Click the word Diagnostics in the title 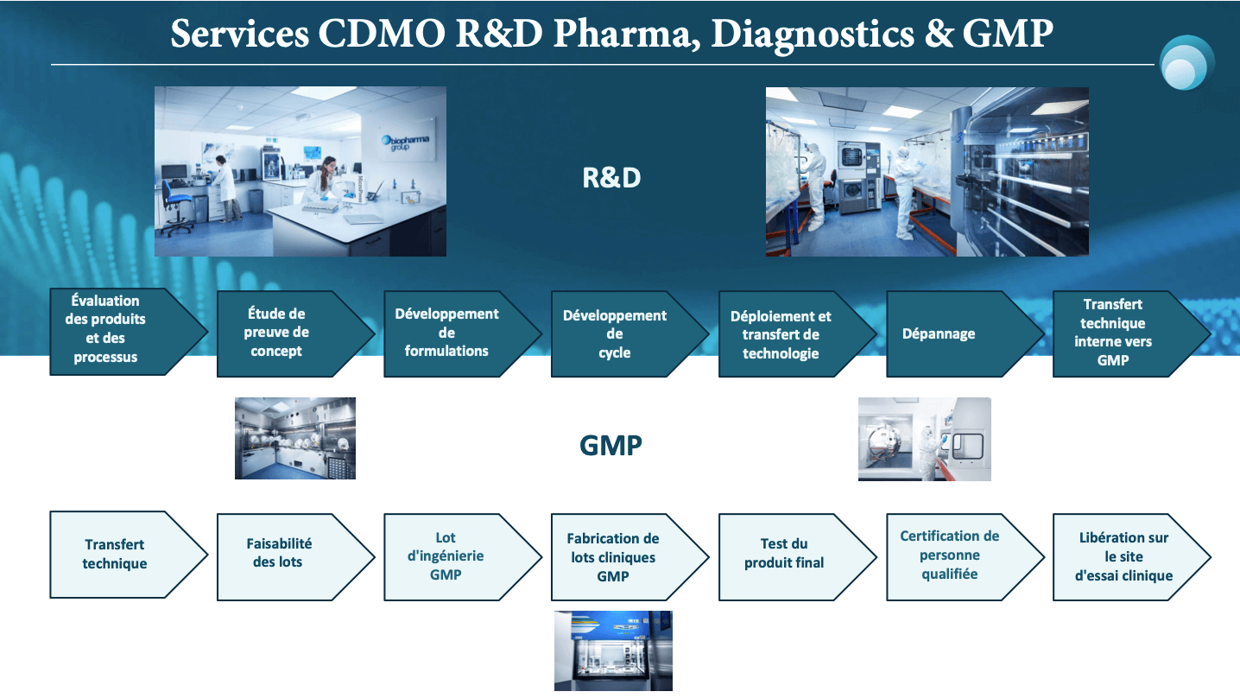(812, 35)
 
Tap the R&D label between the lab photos (611, 178)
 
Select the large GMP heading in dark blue (611, 446)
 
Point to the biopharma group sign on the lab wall (405, 142)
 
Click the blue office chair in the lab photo (177, 207)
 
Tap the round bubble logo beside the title (1186, 62)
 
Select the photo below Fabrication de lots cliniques (613, 650)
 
